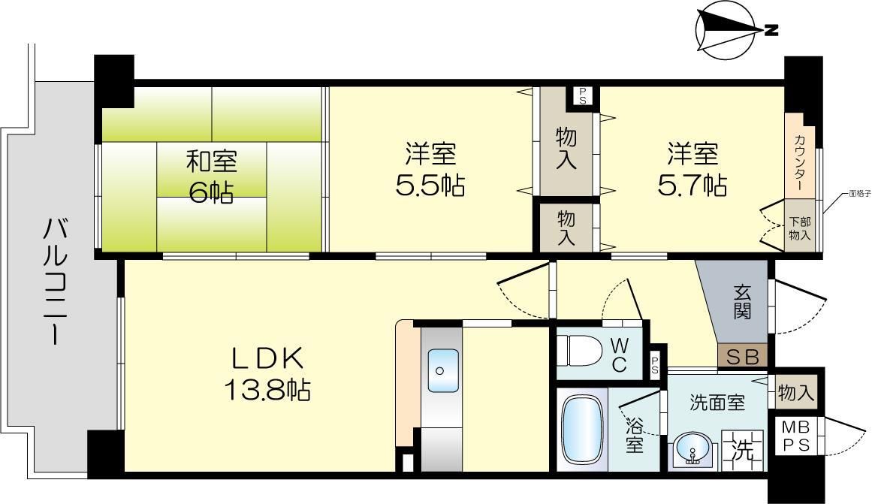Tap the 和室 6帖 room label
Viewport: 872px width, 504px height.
[x=211, y=176]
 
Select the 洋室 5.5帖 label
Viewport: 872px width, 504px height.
[x=430, y=170]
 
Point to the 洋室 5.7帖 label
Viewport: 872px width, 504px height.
[x=692, y=170]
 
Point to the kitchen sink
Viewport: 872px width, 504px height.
[x=442, y=370]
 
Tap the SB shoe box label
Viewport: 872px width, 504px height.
[x=743, y=357]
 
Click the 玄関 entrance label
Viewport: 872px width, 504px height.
[x=742, y=300]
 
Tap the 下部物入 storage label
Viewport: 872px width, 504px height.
[x=799, y=228]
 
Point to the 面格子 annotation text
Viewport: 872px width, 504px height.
[x=855, y=193]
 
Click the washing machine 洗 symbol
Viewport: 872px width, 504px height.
[x=742, y=448]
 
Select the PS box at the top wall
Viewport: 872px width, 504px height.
[x=583, y=95]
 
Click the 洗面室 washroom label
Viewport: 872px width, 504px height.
[x=717, y=403]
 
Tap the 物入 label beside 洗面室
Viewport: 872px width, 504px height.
[x=796, y=392]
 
